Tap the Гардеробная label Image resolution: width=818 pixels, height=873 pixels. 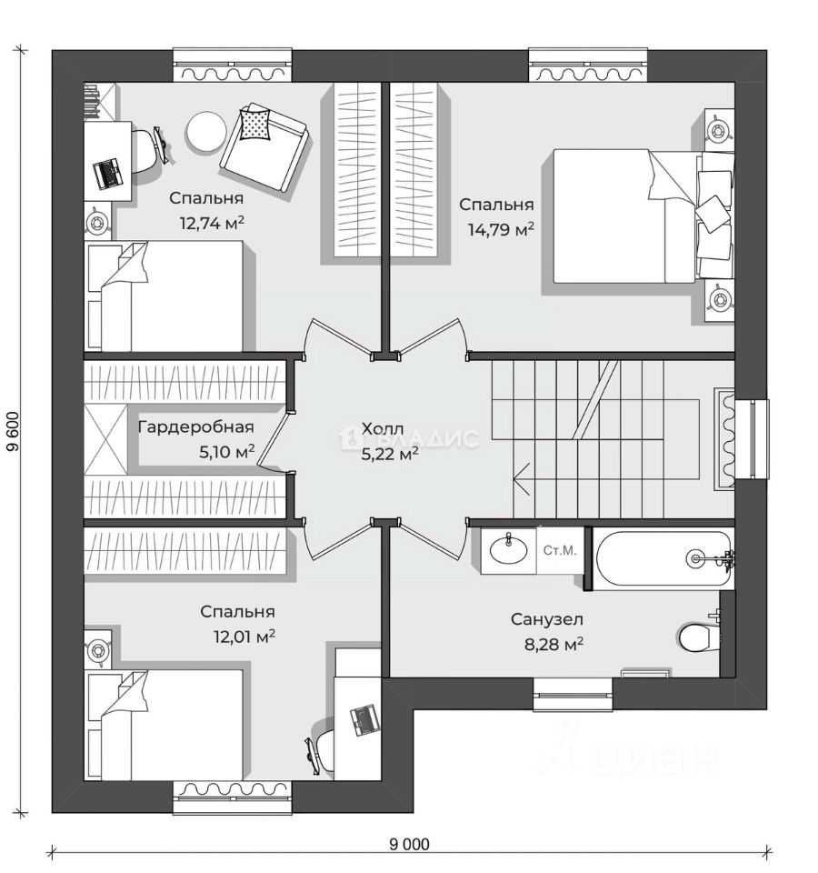(x=195, y=426)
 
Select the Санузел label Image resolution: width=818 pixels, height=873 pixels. (x=546, y=620)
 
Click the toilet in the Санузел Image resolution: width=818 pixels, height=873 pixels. (x=697, y=637)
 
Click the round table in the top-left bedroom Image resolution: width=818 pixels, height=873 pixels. (x=205, y=132)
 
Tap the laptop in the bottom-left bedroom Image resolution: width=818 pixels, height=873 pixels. (x=364, y=720)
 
